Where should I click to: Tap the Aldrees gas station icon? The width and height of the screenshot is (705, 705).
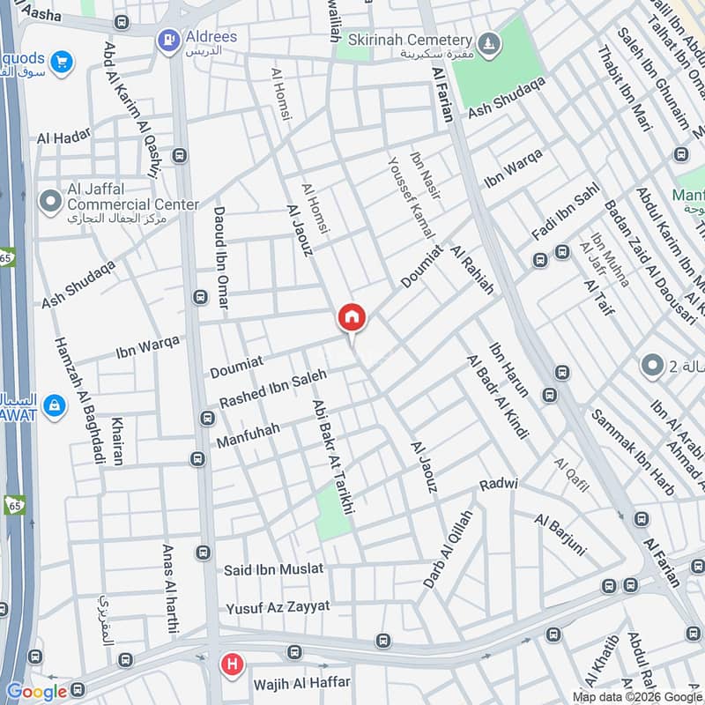pyautogui.click(x=167, y=39)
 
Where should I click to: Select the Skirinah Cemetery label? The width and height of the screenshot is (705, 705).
pyautogui.click(x=410, y=41)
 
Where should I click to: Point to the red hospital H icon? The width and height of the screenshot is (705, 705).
pyautogui.click(x=232, y=664)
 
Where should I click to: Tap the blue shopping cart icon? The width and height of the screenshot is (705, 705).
pyautogui.click(x=61, y=61)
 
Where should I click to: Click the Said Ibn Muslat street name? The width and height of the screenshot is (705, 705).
pyautogui.click(x=273, y=569)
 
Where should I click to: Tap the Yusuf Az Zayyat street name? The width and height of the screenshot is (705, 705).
pyautogui.click(x=277, y=607)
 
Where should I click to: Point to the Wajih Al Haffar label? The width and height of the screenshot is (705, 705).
pyautogui.click(x=301, y=683)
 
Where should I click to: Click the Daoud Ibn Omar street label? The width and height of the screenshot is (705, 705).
pyautogui.click(x=220, y=258)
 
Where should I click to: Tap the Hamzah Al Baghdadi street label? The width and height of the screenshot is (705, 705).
pyautogui.click(x=78, y=401)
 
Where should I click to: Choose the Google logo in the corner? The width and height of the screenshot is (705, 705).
pyautogui.click(x=36, y=692)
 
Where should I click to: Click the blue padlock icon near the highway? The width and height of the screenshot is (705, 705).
pyautogui.click(x=55, y=406)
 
